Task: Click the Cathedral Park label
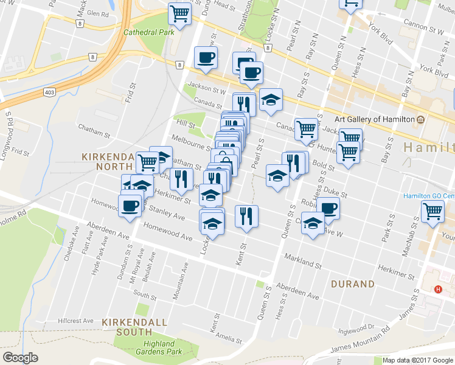(x=148, y=33)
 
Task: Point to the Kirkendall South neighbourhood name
(x=127, y=326)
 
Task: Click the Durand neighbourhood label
(x=353, y=284)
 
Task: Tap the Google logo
(x=21, y=358)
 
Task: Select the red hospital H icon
(x=439, y=288)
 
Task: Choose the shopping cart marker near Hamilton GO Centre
(x=432, y=212)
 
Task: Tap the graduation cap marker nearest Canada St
(x=271, y=100)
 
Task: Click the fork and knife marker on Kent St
(x=246, y=216)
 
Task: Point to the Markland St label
(x=302, y=262)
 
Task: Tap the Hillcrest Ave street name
(x=76, y=321)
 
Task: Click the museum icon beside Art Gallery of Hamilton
(x=420, y=118)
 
